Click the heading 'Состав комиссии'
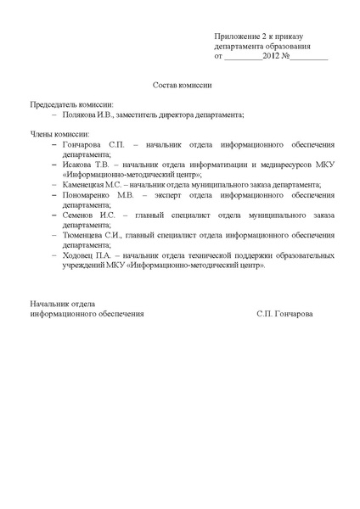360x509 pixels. pyautogui.click(x=181, y=86)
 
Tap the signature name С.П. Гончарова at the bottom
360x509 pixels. pyautogui.click(x=284, y=313)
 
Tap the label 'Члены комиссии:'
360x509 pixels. pyautogui.click(x=59, y=134)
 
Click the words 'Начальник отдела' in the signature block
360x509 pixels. pyautogui.click(x=62, y=303)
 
